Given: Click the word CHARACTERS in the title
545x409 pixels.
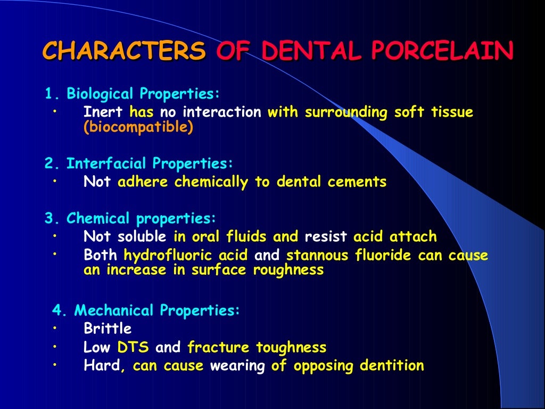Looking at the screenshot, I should tap(123, 51).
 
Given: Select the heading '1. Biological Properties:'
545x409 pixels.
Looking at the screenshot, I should tap(132, 94).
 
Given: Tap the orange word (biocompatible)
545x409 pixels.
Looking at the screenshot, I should tap(138, 128).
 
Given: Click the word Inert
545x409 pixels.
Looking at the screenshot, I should tap(103, 112).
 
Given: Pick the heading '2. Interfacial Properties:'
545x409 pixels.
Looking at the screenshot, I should tap(139, 163).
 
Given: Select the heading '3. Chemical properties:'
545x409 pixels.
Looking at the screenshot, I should tap(130, 218).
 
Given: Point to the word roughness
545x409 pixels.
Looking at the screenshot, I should tap(288, 270).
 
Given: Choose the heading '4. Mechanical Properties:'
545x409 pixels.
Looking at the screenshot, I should tap(146, 310).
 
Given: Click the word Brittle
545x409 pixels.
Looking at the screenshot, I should tap(108, 328).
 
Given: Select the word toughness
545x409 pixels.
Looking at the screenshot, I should tap(291, 348).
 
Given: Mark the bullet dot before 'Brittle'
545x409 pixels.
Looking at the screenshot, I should tap(55, 327).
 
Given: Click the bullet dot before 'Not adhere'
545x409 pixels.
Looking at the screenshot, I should tap(55, 181).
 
